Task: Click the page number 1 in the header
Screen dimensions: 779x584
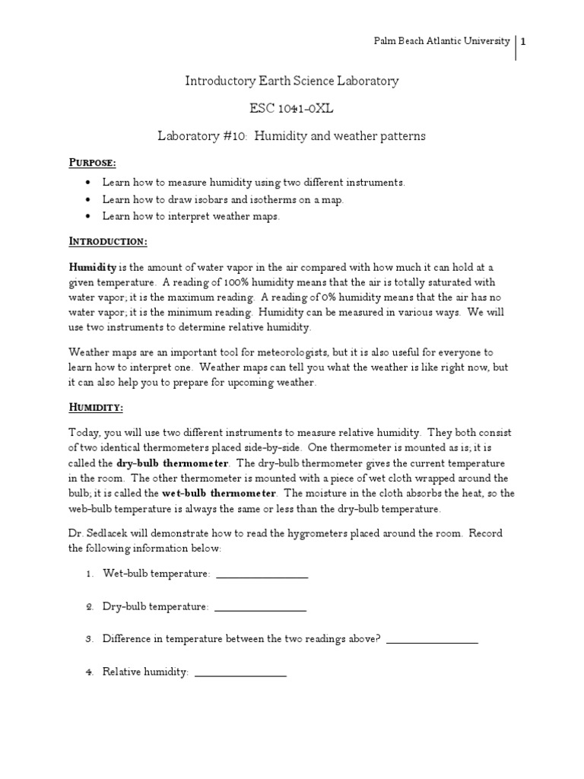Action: pos(523,42)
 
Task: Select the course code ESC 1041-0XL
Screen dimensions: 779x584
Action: pos(292,108)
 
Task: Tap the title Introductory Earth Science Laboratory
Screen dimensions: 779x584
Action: pos(292,81)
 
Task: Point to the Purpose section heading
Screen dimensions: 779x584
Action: pos(93,163)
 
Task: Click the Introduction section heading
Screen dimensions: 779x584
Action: pos(108,241)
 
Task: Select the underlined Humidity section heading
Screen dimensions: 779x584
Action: pos(96,408)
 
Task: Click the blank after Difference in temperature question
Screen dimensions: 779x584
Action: pos(432,643)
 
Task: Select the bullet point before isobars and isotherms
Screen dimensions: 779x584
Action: pos(89,200)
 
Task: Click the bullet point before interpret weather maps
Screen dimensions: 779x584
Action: pos(89,217)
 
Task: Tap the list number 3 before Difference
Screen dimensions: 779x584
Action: pos(89,640)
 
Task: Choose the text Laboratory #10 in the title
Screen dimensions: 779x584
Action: pos(202,136)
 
